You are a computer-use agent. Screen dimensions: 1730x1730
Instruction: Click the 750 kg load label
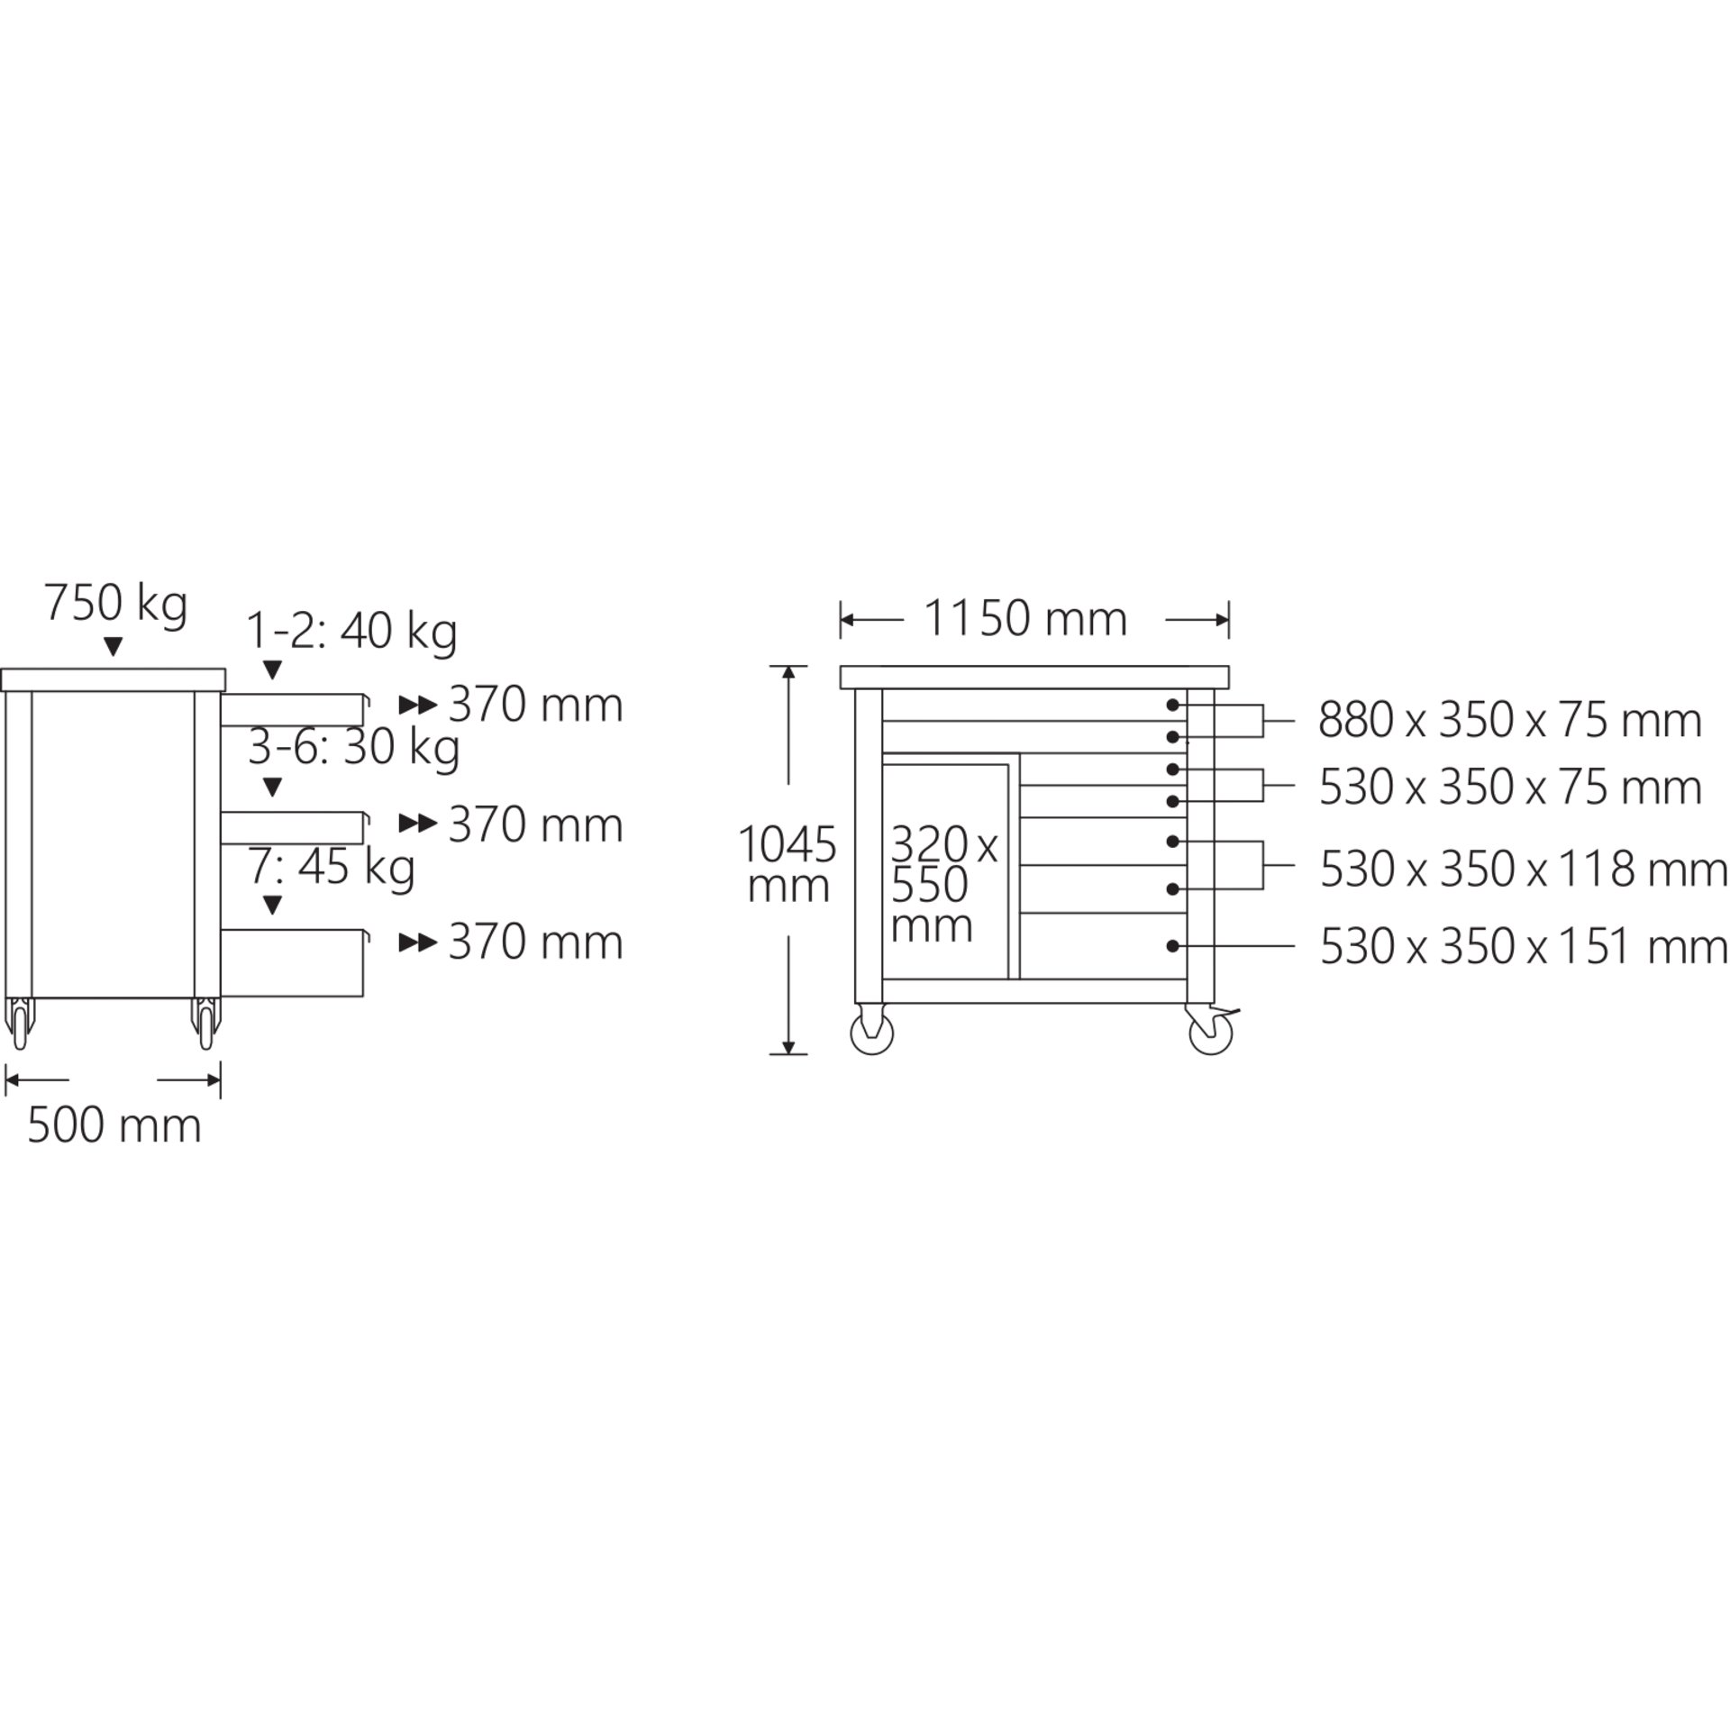[116, 605]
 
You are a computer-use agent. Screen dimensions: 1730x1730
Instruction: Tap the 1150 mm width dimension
[1025, 619]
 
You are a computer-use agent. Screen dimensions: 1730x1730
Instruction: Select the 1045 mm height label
[788, 865]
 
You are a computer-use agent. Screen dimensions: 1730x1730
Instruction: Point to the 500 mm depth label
[114, 1125]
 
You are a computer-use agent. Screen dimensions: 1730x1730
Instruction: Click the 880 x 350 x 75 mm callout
[1510, 721]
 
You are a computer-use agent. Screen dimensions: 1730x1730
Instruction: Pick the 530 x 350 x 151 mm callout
[1524, 947]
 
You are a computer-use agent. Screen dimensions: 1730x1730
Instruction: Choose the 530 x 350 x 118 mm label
[1524, 870]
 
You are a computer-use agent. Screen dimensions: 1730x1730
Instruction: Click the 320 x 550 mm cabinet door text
[943, 886]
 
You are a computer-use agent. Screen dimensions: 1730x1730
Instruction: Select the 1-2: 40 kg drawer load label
[352, 632]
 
